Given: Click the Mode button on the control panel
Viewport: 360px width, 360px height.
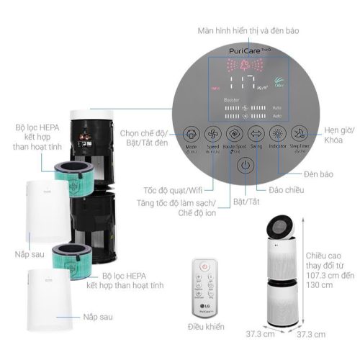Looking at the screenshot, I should pos(191,134).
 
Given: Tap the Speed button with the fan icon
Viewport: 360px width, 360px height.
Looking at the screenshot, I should pos(213,134).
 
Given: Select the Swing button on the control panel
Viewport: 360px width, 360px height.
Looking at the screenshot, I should pos(257,134).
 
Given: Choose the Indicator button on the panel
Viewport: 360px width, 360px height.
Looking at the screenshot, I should pos(278,134).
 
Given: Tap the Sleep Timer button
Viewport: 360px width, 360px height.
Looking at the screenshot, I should pos(300,134).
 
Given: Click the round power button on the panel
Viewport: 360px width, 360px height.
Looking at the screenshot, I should pos(246,165).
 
